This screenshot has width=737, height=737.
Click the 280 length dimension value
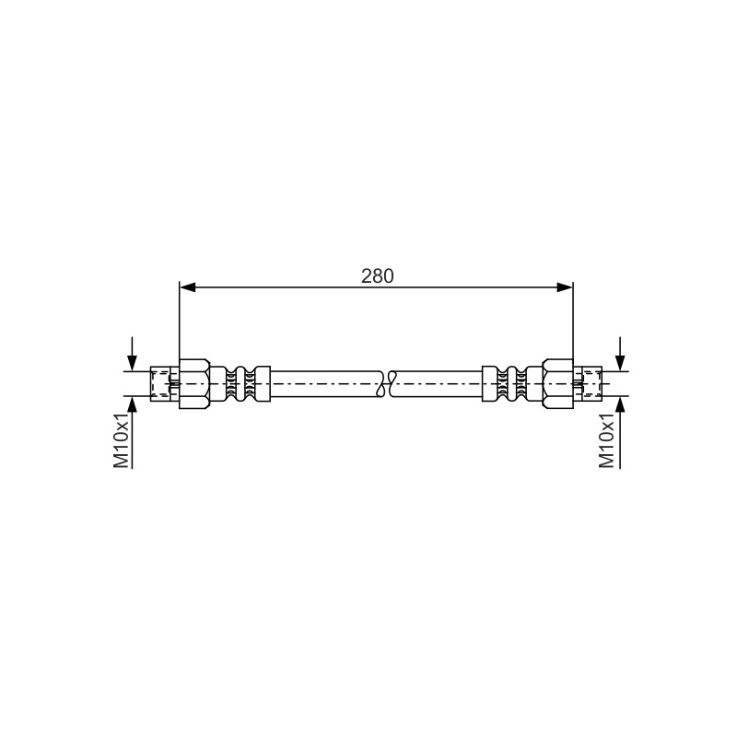click(377, 276)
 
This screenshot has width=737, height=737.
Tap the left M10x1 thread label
click(122, 441)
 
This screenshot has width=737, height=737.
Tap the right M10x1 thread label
click(607, 441)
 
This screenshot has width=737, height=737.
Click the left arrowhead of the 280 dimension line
click(188, 287)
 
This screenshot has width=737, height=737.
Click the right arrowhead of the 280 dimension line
click(565, 287)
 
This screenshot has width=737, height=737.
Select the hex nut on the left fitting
click(194, 383)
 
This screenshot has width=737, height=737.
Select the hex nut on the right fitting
click(557, 383)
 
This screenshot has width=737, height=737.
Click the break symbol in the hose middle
click(387, 383)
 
